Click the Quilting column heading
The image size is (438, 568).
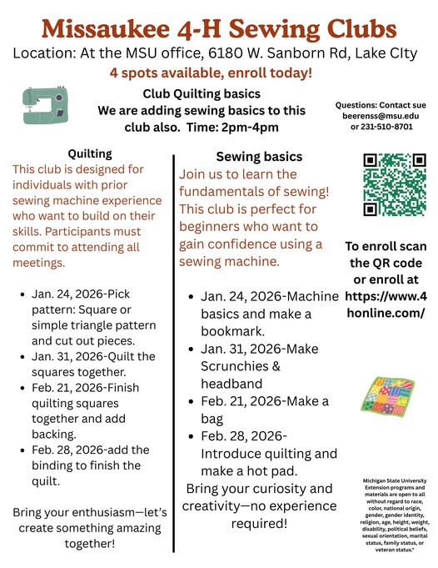[x=90, y=153]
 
